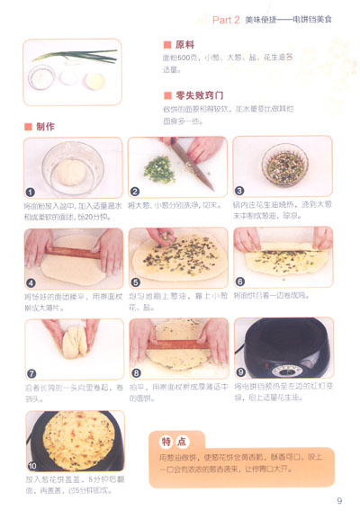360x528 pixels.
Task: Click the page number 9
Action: pyautogui.click(x=340, y=501)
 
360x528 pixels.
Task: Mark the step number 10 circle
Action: pyautogui.click(x=31, y=466)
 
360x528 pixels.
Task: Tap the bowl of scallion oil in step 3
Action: pyautogui.click(x=282, y=167)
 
